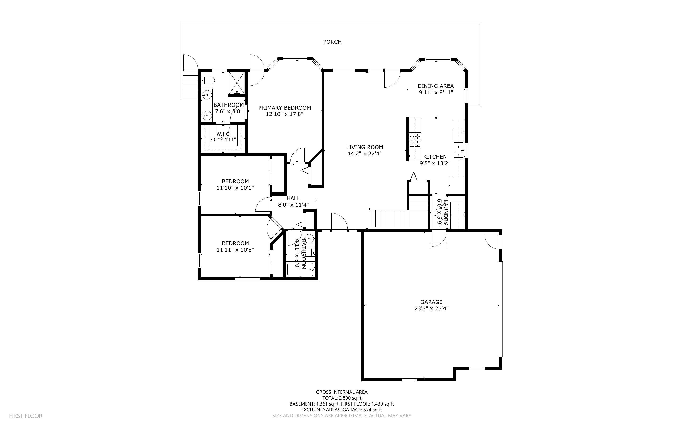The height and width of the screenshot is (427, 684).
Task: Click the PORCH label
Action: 332,42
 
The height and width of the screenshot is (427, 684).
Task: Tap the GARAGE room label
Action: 431,302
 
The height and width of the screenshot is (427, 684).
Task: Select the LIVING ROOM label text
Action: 364,147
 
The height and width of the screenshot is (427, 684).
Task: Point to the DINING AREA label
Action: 436,86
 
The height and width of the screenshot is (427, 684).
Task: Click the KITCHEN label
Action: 435,157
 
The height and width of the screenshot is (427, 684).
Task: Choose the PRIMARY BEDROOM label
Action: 285,108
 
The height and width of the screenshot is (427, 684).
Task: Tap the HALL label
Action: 293,199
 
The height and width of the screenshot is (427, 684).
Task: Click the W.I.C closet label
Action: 223,134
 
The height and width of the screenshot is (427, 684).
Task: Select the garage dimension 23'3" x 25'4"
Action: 431,308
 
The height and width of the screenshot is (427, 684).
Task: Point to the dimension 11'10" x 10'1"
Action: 235,188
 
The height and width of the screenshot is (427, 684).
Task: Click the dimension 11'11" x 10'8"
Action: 235,250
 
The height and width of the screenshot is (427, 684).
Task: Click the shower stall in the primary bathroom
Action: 237,83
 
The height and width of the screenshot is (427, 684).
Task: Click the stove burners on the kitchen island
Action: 415,140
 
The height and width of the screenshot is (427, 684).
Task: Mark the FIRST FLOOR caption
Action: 26,416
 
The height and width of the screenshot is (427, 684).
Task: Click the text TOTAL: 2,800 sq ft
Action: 342,398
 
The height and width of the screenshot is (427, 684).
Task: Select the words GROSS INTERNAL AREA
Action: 342,392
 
